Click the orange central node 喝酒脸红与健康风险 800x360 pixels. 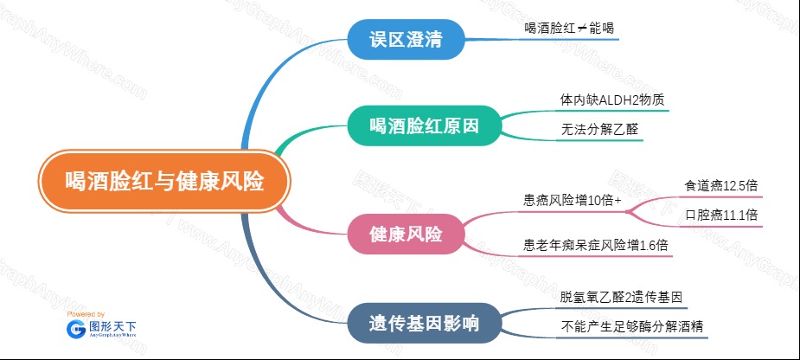[x=164, y=181]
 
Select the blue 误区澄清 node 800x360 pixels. [x=406, y=39]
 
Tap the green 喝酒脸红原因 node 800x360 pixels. [x=425, y=125]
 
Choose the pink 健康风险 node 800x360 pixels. [x=406, y=234]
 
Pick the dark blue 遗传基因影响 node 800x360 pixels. [x=424, y=324]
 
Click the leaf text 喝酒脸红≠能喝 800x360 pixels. [x=569, y=28]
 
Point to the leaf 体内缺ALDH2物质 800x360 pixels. [x=611, y=100]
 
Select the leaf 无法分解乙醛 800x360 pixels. [x=599, y=129]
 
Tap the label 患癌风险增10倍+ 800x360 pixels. [x=573, y=201]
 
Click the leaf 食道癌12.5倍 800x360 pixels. [x=721, y=186]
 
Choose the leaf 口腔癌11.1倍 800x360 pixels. [x=721, y=215]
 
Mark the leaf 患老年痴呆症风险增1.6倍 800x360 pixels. [x=595, y=245]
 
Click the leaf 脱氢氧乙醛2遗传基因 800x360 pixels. [x=621, y=297]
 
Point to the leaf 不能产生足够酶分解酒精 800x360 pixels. [x=631, y=326]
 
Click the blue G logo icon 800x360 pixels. [x=76, y=330]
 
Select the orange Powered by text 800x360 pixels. [x=86, y=314]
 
